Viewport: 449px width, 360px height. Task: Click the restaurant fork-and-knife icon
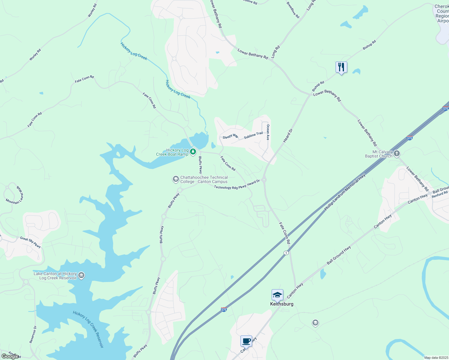pos(341,67)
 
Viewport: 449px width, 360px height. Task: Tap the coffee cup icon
pos(246,341)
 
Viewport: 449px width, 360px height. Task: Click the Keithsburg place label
pos(282,304)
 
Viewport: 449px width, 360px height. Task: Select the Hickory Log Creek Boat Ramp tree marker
pos(193,152)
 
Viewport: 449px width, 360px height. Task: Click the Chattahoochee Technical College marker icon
pos(176,179)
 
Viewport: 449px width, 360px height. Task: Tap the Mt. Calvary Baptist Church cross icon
pos(397,154)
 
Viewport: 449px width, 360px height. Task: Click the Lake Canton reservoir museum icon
pos(81,275)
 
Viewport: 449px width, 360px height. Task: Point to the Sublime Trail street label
pos(253,135)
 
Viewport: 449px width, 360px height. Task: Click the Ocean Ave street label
pos(268,132)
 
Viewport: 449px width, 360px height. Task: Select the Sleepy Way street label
pos(230,136)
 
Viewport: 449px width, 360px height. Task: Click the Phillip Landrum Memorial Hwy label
pos(345,192)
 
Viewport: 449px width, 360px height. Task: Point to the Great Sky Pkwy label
pos(30,242)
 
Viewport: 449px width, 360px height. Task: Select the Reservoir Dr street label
pos(33,334)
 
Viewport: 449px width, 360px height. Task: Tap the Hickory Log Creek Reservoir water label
pos(88,329)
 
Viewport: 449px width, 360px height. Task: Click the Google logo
pos(10,356)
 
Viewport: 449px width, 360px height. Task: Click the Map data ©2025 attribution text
pos(436,358)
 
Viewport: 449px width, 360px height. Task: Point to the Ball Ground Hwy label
pos(339,255)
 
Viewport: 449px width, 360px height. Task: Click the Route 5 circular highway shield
pos(286,253)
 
